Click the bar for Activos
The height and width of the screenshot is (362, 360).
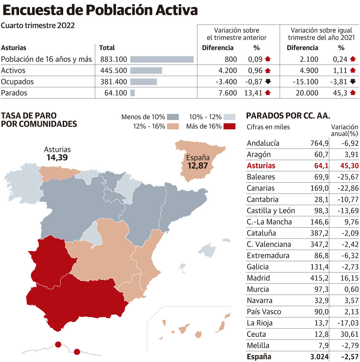(x=146, y=70)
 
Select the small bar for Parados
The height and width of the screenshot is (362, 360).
(x=133, y=93)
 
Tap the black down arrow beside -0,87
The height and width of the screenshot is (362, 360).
(x=268, y=81)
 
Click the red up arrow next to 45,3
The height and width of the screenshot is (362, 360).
(x=353, y=93)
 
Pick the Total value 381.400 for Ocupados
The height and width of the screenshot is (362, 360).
(x=114, y=82)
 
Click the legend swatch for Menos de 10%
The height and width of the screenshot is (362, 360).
(x=173, y=117)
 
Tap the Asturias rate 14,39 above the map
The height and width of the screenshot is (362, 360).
(x=57, y=157)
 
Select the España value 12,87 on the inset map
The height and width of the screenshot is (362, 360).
(x=198, y=166)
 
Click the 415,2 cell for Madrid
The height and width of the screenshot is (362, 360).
(x=319, y=278)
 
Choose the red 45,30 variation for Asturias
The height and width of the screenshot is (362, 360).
(x=349, y=166)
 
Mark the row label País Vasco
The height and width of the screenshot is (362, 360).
(x=264, y=312)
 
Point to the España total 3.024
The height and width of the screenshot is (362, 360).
(x=319, y=357)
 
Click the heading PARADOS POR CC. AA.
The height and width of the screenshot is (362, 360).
(x=288, y=116)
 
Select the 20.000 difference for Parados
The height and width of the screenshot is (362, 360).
(x=307, y=93)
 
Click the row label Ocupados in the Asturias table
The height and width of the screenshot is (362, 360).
(x=17, y=82)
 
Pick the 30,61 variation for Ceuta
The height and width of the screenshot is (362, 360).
(x=349, y=334)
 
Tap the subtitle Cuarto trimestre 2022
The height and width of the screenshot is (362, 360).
(x=38, y=25)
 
